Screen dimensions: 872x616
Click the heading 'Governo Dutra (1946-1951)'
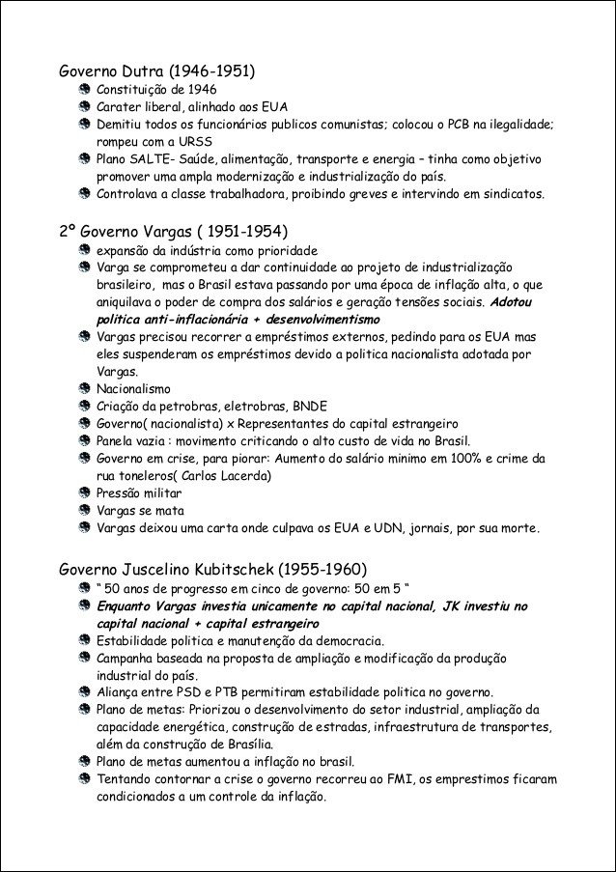point(157,71)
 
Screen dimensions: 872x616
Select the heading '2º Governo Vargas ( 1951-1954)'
point(174,231)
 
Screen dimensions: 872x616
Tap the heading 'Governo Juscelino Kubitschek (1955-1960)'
point(212,567)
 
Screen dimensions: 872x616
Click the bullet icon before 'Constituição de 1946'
point(85,89)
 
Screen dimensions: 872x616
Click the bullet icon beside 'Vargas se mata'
point(85,510)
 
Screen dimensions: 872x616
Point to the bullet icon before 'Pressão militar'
point(85,492)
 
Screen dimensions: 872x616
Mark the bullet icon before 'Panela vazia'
point(85,440)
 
